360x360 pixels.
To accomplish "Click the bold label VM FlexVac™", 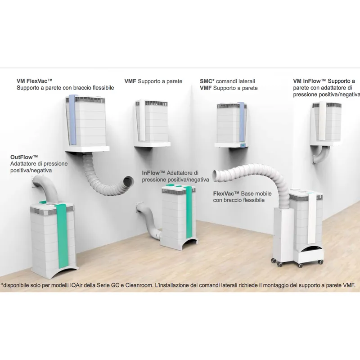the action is [35, 81].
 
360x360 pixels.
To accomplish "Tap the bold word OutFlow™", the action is [24, 157].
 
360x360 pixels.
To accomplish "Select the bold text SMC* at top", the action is [207, 81].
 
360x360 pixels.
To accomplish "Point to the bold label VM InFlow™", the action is [310, 81].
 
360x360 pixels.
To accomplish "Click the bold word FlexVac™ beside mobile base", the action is [226, 193].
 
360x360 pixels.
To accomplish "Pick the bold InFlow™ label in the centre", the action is [153, 173].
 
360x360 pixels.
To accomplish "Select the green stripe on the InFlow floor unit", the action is [189, 212].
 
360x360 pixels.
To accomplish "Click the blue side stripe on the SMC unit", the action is [241, 121].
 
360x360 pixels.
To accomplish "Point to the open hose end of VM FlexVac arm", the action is [129, 181].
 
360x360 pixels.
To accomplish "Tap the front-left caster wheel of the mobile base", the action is [280, 264].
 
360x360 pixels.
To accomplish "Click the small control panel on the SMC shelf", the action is [243, 145].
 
